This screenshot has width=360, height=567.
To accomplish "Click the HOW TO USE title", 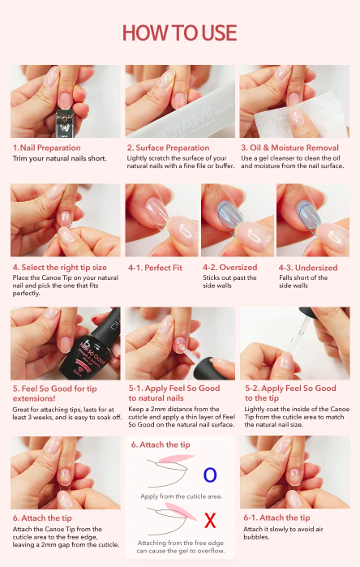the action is (x=180, y=33).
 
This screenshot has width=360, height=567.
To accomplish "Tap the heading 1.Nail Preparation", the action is (x=47, y=148).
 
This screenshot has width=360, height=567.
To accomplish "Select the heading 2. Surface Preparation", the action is (x=168, y=148).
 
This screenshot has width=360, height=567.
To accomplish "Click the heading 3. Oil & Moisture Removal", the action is (x=290, y=148).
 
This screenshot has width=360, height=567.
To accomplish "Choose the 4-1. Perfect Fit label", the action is (x=155, y=268).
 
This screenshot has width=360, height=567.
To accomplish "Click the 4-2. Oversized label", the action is (x=230, y=268).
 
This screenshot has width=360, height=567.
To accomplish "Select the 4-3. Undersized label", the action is (x=308, y=268).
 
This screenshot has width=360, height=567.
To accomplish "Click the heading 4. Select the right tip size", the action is (x=60, y=268).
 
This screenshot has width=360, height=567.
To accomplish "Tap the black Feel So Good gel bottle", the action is (x=92, y=347).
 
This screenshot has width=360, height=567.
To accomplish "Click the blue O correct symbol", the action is (x=210, y=475).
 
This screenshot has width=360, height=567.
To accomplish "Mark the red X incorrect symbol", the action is (x=210, y=521).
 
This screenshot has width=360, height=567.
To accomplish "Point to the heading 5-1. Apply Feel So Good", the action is (x=174, y=389).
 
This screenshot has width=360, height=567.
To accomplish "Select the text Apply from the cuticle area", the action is (x=181, y=496).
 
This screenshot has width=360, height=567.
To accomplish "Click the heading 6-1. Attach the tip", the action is (x=276, y=518).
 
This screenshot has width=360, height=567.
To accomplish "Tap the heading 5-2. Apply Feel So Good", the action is (x=290, y=389).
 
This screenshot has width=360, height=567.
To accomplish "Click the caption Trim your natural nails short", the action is (x=60, y=158).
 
